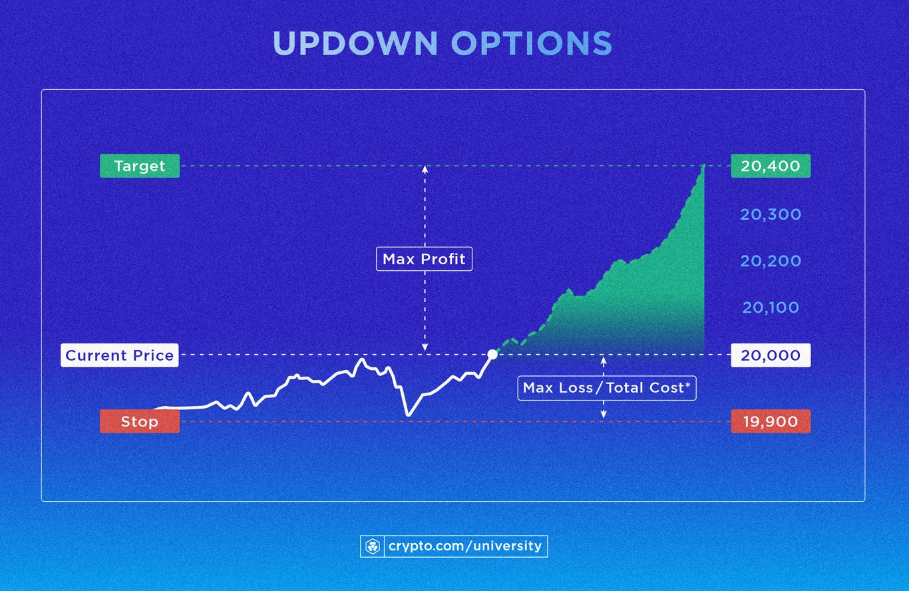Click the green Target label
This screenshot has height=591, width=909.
point(140,166)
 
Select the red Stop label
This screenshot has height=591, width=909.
point(140,421)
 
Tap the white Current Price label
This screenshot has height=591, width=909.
point(120,355)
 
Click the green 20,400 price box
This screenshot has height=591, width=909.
point(771,166)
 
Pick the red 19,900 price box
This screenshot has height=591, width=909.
point(771,421)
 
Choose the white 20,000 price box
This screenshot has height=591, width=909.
point(771,355)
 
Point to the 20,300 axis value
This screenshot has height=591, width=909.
point(771,214)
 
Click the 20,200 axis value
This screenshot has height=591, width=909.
point(771,261)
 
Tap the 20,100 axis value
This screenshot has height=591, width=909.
point(771,307)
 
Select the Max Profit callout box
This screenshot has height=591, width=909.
point(425,259)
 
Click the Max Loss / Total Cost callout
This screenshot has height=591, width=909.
point(607,387)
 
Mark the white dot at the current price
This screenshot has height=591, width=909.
point(492,355)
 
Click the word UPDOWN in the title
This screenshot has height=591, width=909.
point(355,44)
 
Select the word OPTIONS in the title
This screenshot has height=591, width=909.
point(531,44)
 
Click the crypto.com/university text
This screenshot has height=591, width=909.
point(464,546)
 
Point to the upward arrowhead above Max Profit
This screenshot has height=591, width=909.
point(425,168)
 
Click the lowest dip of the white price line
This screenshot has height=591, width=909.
point(408,415)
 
